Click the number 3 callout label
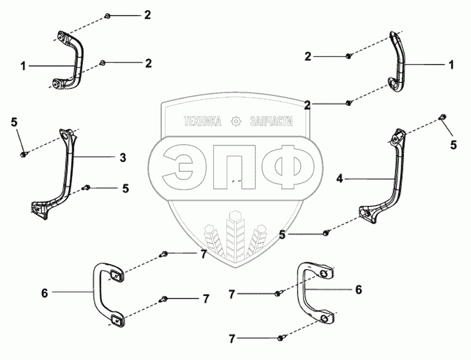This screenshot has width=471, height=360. [123, 157]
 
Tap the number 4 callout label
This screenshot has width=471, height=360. [339, 179]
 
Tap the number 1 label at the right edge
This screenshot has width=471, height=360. [450, 64]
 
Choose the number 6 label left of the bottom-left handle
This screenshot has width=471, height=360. [44, 292]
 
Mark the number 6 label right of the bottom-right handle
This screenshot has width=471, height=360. [359, 290]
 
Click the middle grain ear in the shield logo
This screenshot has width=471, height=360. [235, 235]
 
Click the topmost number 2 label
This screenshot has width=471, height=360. [147, 14]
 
